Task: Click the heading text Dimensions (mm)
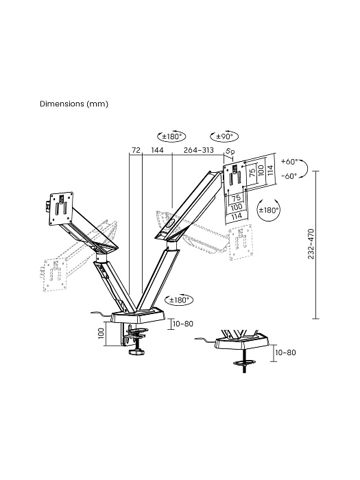click(x=74, y=104)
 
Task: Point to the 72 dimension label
click(x=136, y=150)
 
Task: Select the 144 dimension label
click(x=157, y=150)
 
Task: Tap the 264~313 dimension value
click(x=198, y=150)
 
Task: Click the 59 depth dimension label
click(x=230, y=152)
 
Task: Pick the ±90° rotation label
click(x=224, y=136)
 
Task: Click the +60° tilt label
click(x=289, y=161)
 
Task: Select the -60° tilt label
click(x=289, y=176)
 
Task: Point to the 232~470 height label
click(x=311, y=243)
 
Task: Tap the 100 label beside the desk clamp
click(x=101, y=333)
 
